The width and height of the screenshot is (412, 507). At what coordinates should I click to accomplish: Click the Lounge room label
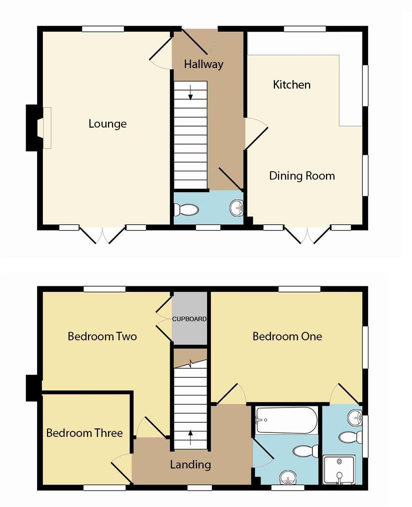(x=107, y=124)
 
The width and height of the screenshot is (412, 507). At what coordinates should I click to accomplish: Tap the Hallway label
(x=203, y=64)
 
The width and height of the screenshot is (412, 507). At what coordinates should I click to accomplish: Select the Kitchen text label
(x=291, y=85)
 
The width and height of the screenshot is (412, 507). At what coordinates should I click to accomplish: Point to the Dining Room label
(x=301, y=176)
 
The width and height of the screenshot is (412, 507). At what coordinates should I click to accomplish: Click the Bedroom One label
(x=287, y=336)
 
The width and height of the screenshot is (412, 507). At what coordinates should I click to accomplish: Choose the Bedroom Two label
(x=102, y=336)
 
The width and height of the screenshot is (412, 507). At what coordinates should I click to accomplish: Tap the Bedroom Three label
(x=84, y=433)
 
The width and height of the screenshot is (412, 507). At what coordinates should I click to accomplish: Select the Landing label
(x=190, y=464)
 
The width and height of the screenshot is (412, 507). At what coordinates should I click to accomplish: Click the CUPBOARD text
(x=189, y=319)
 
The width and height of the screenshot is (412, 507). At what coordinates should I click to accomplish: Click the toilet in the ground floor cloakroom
(x=186, y=209)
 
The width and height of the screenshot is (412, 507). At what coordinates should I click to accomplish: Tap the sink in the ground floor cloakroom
(x=237, y=207)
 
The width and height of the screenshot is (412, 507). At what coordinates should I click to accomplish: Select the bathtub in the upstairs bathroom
(x=286, y=420)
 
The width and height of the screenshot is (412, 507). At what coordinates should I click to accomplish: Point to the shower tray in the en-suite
(x=339, y=469)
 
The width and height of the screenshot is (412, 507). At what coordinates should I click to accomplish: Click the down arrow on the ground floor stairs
(x=190, y=93)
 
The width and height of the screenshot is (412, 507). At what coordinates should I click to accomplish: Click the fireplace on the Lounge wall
(x=46, y=128)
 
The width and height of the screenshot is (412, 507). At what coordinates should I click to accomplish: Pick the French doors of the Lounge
(x=102, y=235)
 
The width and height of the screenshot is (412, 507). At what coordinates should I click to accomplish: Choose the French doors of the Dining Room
(x=307, y=235)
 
